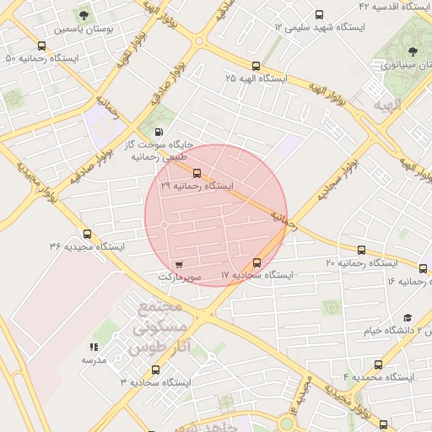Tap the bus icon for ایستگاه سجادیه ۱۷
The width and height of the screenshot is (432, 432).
click(x=257, y=262)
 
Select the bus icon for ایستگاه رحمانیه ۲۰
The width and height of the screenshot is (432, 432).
click(x=362, y=250)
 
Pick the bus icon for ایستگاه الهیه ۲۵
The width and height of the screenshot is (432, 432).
click(x=256, y=65)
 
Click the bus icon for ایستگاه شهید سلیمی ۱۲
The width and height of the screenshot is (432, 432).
click(x=319, y=14)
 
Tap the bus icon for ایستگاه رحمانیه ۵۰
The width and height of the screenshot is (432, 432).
click(x=42, y=46)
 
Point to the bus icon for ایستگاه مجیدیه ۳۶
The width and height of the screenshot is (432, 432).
click(x=87, y=234)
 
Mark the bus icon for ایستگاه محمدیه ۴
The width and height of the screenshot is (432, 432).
click(x=378, y=364)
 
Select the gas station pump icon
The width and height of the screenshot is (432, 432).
click(x=159, y=132)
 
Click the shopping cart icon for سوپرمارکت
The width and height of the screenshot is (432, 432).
click(x=177, y=263)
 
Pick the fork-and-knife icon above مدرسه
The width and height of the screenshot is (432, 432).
click(x=94, y=346)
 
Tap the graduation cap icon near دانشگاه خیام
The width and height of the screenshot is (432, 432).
click(x=408, y=318)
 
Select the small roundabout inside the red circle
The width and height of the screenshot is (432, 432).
click(x=164, y=224)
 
